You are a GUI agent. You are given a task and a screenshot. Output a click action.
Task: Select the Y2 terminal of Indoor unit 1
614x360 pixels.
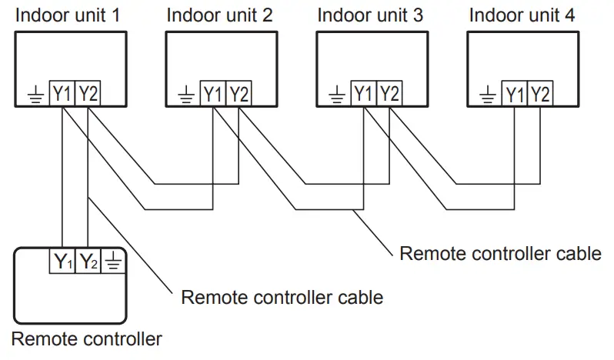[88, 94]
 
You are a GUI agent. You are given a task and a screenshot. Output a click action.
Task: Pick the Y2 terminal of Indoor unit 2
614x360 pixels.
[239, 94]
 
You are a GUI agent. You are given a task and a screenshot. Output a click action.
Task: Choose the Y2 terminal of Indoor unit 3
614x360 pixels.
[390, 94]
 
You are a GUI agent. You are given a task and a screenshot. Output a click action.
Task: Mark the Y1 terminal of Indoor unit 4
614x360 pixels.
[516, 94]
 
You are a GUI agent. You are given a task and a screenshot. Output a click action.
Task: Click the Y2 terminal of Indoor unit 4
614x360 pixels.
[541, 94]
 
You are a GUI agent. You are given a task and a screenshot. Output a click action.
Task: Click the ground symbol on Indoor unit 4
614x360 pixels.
[489, 95]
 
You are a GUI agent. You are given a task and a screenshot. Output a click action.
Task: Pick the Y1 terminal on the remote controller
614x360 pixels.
[63, 261]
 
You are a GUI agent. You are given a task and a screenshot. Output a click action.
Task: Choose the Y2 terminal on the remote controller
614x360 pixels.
[88, 261]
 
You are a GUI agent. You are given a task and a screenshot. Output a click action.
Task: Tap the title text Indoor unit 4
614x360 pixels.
[522, 15]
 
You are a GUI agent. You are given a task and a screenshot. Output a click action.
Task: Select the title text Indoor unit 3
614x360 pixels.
[372, 15]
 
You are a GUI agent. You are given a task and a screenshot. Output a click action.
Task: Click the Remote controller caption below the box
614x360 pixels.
[87, 338]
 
